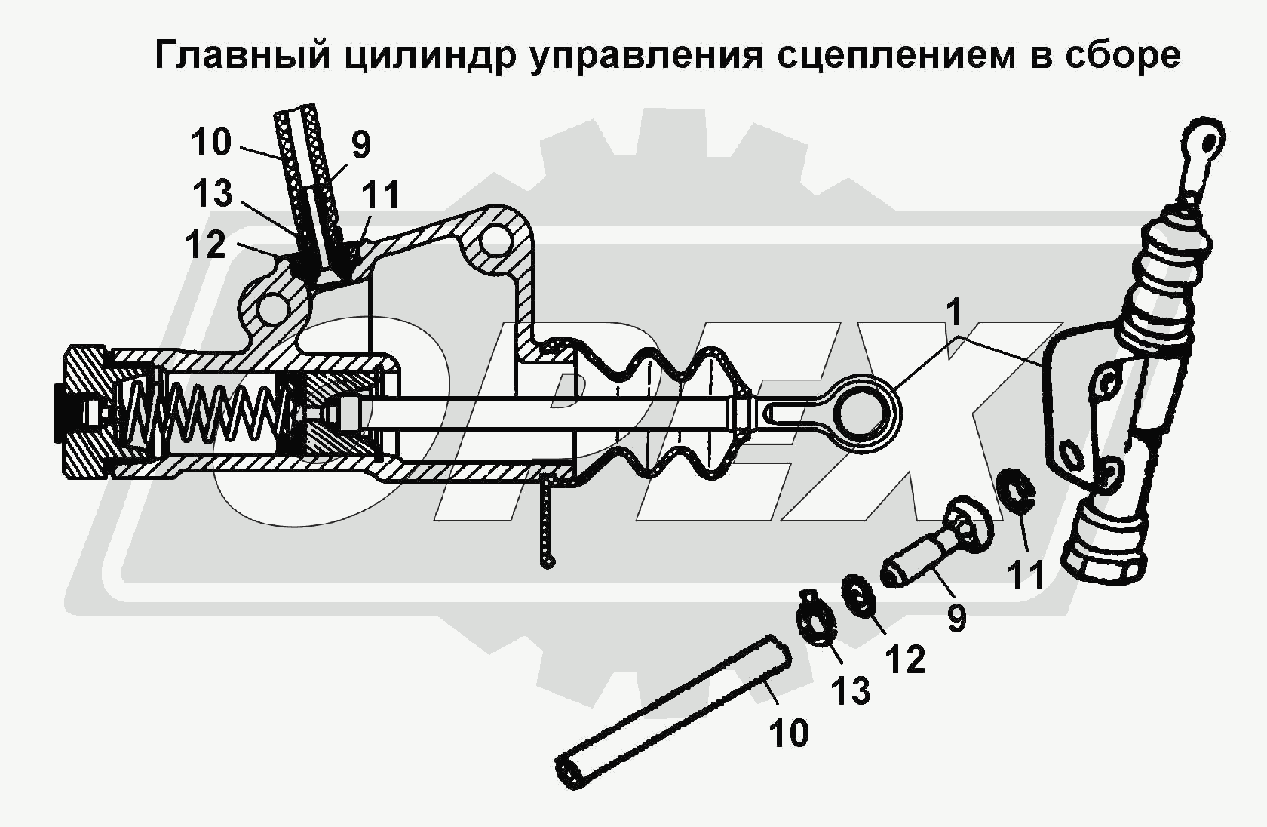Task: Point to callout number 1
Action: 955,312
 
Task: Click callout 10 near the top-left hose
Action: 210,142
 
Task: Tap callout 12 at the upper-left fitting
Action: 205,244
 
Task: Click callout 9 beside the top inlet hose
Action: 361,144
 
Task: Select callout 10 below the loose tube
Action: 789,732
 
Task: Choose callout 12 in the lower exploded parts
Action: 905,659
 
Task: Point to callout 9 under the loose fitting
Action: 956,618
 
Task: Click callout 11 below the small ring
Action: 1026,575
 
